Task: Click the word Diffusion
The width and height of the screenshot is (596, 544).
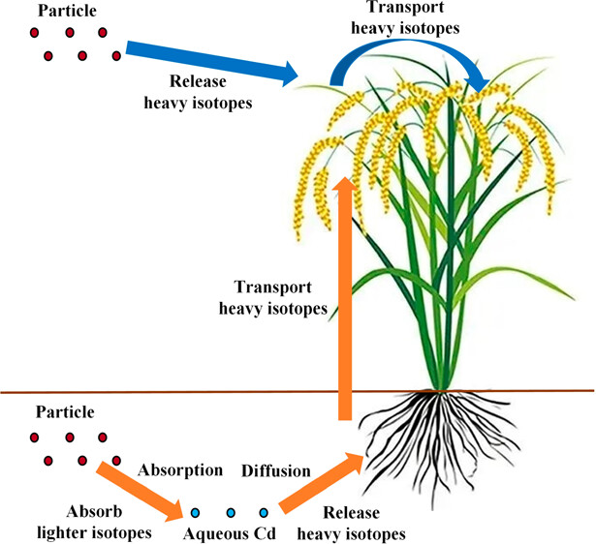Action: pyautogui.click(x=276, y=471)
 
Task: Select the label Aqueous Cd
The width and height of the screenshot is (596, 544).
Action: pyautogui.click(x=230, y=531)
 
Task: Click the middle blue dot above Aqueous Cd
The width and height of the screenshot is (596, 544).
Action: pyautogui.click(x=232, y=511)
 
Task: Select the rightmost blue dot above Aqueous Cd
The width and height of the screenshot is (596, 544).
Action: pyautogui.click(x=264, y=511)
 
